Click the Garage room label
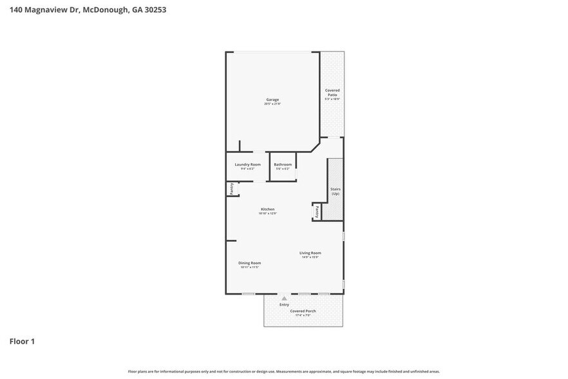pos(272,99)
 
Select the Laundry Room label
pos(247,164)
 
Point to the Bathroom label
pos(283,164)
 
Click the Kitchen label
pos(267,209)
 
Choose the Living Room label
pos(310,253)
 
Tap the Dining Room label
pos(249,263)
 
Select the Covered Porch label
pos(303,311)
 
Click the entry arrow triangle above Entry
pos(284,298)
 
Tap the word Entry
pos(284,304)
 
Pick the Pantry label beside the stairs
pos(317,211)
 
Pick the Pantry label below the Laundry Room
pos(231,189)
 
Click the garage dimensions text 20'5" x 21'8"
pos(272,104)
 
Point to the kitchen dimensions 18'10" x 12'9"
pos(267,213)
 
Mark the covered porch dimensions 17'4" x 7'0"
pos(303,315)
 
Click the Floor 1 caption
pos(21,341)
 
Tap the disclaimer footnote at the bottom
pos(283,371)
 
